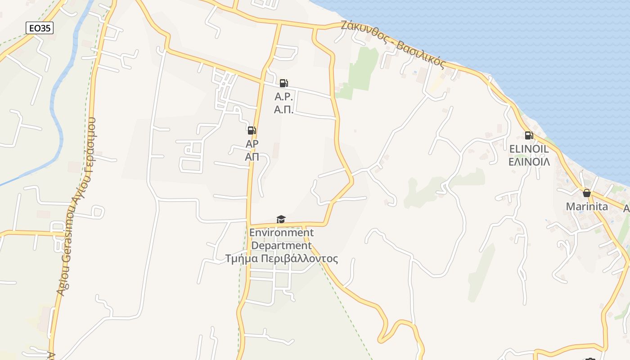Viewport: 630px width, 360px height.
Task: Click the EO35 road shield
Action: pyautogui.click(x=40, y=28)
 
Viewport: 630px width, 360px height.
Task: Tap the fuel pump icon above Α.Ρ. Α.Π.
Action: pyautogui.click(x=283, y=83)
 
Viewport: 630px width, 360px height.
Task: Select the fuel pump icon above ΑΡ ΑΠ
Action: pyautogui.click(x=252, y=131)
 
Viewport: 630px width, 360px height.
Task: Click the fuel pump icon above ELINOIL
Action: pyautogui.click(x=529, y=135)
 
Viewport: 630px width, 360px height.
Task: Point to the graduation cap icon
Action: pyautogui.click(x=281, y=219)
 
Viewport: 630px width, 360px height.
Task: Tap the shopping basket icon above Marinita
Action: pyautogui.click(x=586, y=193)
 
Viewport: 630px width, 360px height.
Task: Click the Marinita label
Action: pyautogui.click(x=586, y=207)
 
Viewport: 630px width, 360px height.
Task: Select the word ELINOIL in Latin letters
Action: pyautogui.click(x=529, y=149)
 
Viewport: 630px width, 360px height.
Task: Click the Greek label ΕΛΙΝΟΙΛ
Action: pyautogui.click(x=529, y=162)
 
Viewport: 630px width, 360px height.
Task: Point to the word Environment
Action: pyautogui.click(x=281, y=233)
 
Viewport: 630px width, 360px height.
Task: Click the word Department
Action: pyautogui.click(x=281, y=246)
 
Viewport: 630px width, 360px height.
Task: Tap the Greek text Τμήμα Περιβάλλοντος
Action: pyautogui.click(x=281, y=259)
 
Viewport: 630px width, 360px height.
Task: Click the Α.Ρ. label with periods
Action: pyautogui.click(x=284, y=97)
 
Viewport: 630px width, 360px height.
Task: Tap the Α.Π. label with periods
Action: pyautogui.click(x=284, y=109)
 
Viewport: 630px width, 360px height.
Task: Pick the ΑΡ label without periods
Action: pyautogui.click(x=252, y=144)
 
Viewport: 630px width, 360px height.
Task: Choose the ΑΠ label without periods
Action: pyautogui.click(x=252, y=157)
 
